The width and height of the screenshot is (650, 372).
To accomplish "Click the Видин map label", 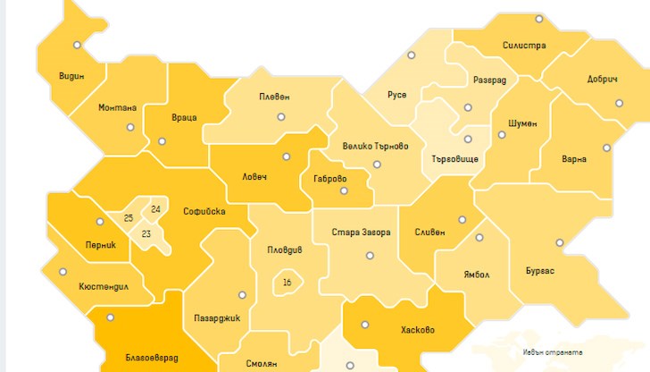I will click(x=71, y=76).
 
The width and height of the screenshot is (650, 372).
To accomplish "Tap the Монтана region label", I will click(x=117, y=108).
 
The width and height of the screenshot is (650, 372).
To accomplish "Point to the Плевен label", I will click(x=274, y=97).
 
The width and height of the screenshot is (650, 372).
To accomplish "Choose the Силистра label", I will click(x=524, y=46).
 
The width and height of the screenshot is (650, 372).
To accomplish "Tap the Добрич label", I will click(x=603, y=79).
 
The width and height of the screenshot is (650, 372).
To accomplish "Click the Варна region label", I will click(x=574, y=159).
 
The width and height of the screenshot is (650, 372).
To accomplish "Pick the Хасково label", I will click(x=418, y=330).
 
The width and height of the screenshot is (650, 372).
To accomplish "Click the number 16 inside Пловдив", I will click(x=287, y=283).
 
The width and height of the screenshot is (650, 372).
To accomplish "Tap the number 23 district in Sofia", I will click(x=146, y=233).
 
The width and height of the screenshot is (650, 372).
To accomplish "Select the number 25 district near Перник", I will click(x=129, y=218).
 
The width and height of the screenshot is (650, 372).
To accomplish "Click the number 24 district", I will click(x=156, y=209).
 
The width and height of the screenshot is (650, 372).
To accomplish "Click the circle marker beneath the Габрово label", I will click(x=344, y=191).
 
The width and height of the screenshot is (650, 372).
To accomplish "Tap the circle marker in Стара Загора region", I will click(x=370, y=256).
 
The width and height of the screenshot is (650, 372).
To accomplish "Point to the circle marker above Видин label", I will click(x=78, y=45).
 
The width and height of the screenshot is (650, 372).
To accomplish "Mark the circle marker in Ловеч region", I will click(x=287, y=156).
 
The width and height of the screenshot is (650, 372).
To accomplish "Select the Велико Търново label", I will click(x=375, y=146).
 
